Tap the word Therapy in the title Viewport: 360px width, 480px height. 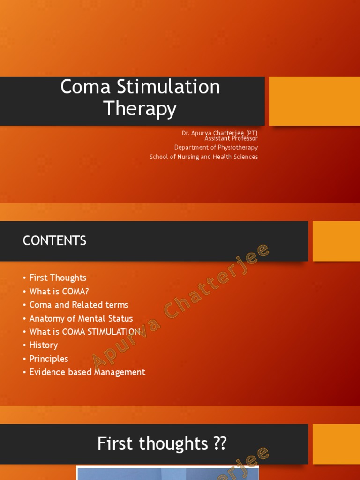click(140, 109)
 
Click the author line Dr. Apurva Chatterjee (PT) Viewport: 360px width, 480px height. click(219, 133)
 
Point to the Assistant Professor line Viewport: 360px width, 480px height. click(231, 138)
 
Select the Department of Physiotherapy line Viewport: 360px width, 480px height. click(216, 147)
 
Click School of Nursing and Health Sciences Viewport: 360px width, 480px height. click(203, 157)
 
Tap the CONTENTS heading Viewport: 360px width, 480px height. click(54, 241)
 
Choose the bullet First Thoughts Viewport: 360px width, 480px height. click(58, 277)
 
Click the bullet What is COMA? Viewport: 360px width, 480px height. click(59, 291)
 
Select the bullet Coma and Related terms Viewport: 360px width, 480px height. click(79, 305)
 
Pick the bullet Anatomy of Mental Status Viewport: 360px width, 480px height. click(81, 318)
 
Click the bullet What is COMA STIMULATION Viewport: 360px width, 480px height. click(85, 331)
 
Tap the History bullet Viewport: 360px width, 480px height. click(44, 345)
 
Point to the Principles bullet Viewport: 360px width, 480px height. click(49, 359)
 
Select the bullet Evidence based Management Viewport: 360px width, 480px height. click(87, 372)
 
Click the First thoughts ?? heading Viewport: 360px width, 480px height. click(162, 443)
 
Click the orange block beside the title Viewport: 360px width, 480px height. click(314, 101)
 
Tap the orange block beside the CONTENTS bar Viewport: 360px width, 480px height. click(336, 241)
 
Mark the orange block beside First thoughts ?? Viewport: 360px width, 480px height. click(336, 444)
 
